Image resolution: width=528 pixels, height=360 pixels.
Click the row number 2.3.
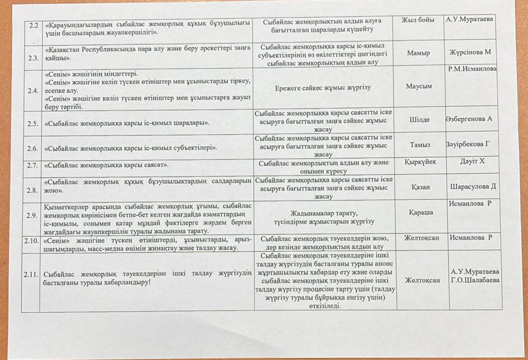tap(32, 58)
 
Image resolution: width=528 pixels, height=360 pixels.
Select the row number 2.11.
tap(31, 275)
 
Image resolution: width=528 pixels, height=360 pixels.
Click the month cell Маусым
tap(419, 86)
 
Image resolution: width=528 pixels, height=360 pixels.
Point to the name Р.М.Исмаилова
tap(472, 69)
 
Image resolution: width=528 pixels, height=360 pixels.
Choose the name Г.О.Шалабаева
tap(475, 280)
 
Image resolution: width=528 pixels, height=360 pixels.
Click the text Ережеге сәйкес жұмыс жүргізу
tap(323, 88)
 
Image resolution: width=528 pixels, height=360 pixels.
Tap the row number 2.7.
tap(32, 165)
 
